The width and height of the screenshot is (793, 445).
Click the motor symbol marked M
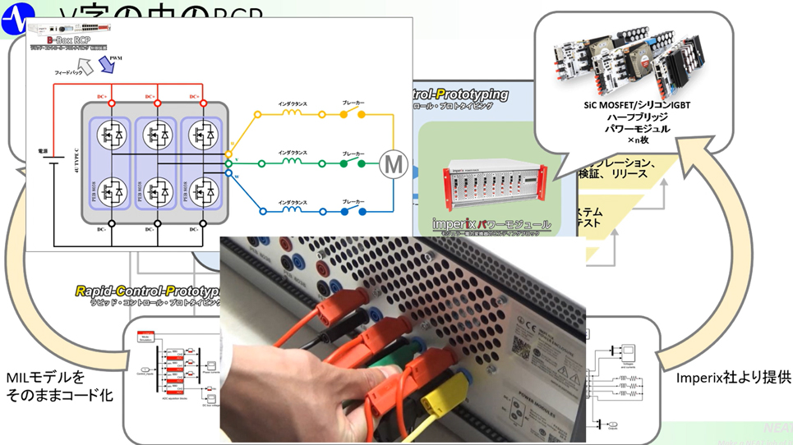pos(393,165)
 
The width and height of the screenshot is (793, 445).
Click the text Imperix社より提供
pos(733,378)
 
